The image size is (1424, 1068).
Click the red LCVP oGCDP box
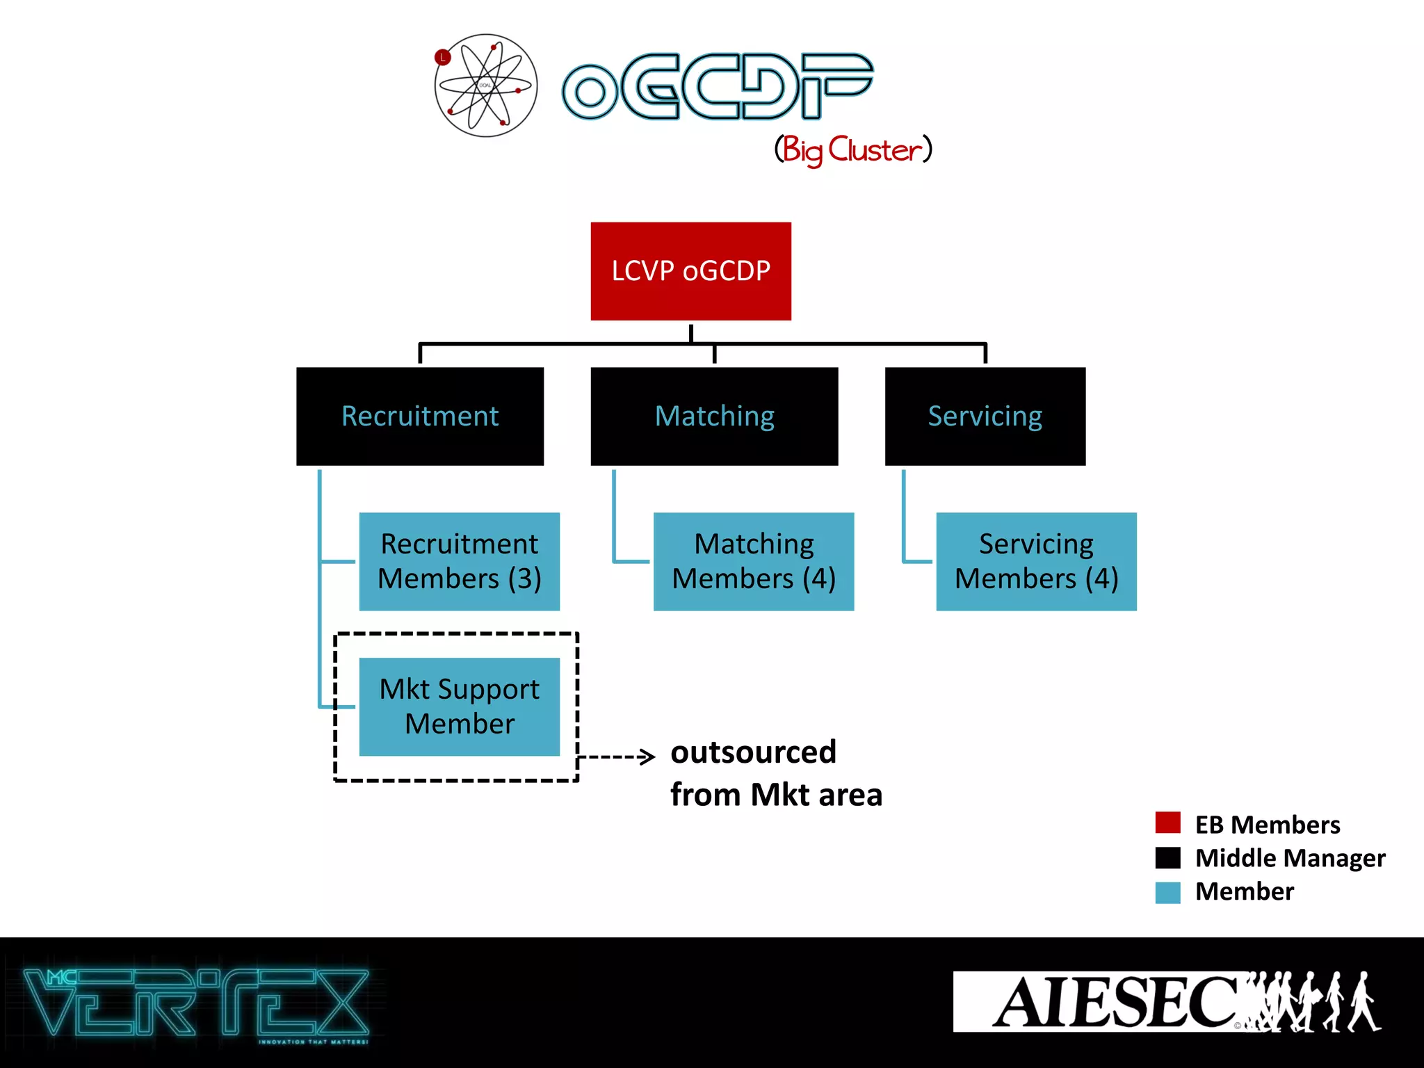pyautogui.click(x=690, y=271)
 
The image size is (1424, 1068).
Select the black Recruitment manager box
pyautogui.click(x=420, y=416)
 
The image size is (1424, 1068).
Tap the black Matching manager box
pyautogui.click(x=714, y=416)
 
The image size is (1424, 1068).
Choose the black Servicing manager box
pyautogui.click(x=985, y=416)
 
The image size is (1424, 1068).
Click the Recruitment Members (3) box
pyautogui.click(x=459, y=562)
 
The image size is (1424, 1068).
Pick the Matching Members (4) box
pyautogui.click(x=754, y=562)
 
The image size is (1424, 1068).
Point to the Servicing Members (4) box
pyautogui.click(x=1036, y=562)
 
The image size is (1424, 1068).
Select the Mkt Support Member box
pyautogui.click(x=459, y=706)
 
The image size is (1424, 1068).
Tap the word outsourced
pyautogui.click(x=753, y=752)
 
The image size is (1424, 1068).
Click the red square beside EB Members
pyautogui.click(x=1167, y=823)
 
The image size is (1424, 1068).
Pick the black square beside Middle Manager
pyautogui.click(x=1167, y=857)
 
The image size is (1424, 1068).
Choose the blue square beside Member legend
pyautogui.click(x=1167, y=892)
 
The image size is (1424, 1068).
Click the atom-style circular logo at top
pyautogui.click(x=486, y=86)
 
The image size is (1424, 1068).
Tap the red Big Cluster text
pyautogui.click(x=853, y=149)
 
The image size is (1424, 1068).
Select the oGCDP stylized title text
pyautogui.click(x=716, y=87)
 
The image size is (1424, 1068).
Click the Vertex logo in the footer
pyautogui.click(x=196, y=1003)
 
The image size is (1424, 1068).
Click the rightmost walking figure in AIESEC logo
pyautogui.click(x=1364, y=1002)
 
